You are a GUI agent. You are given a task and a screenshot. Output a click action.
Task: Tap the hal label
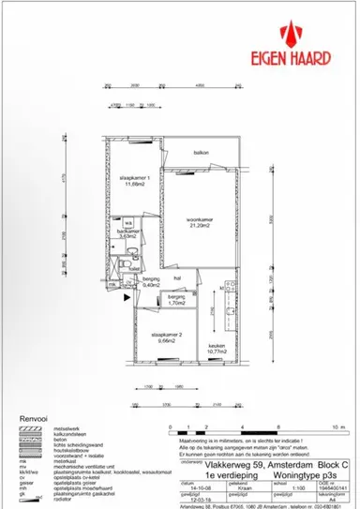point(176,277)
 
